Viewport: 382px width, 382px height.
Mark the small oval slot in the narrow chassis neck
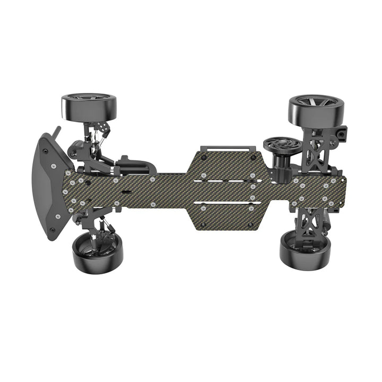pyautogui.click(x=126, y=190)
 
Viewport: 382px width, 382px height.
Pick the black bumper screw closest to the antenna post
pyautogui.click(x=45, y=151)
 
